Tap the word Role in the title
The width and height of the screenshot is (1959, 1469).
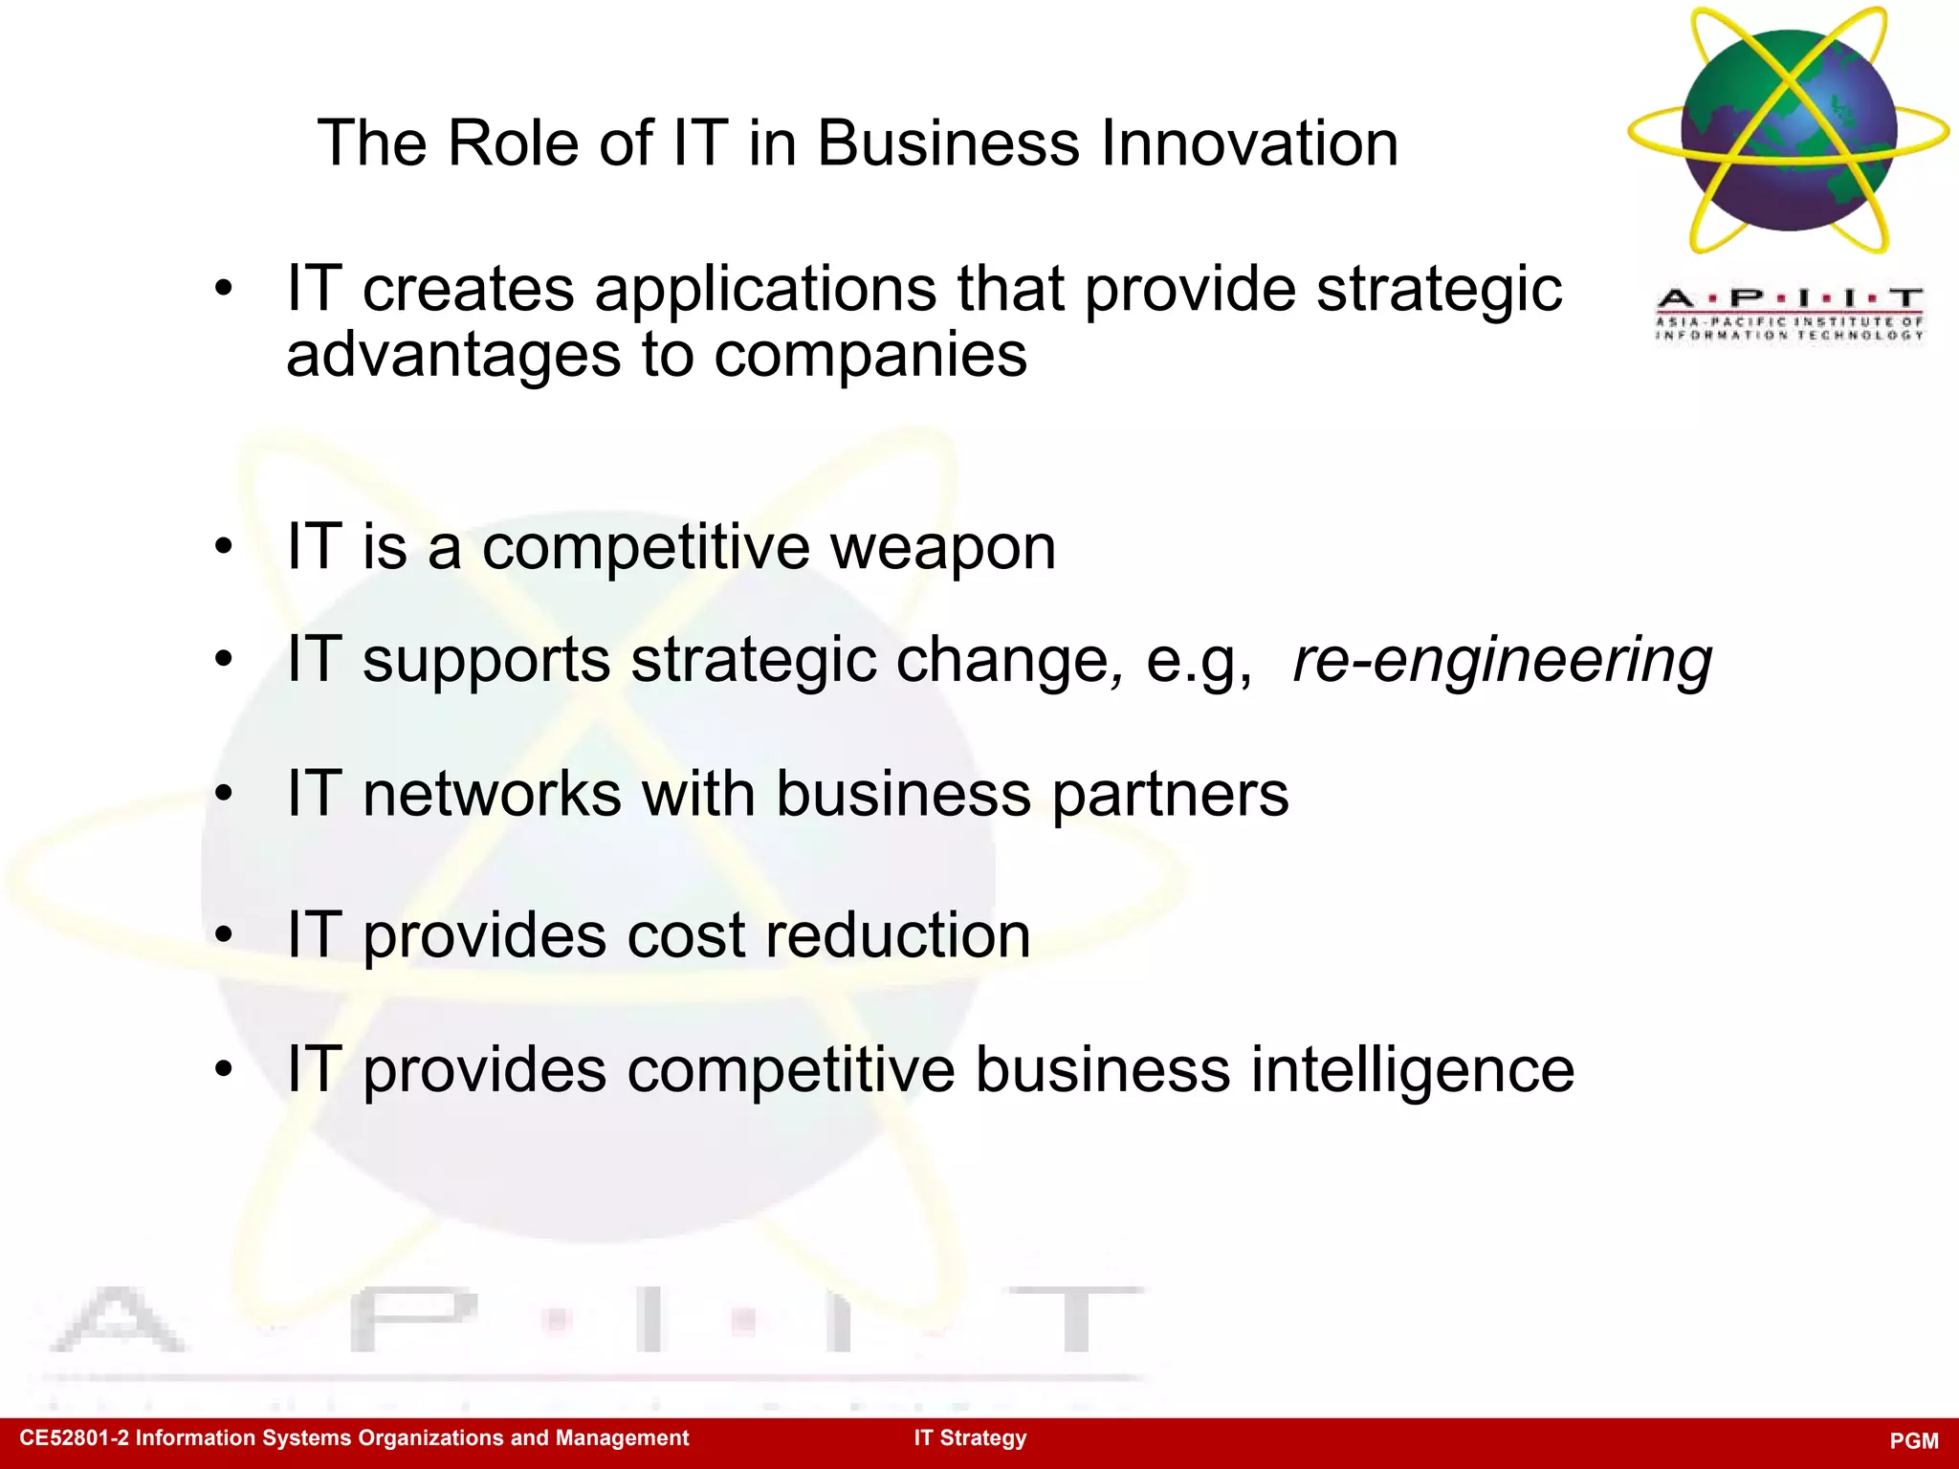coord(513,143)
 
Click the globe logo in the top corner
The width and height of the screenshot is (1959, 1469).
coord(1789,131)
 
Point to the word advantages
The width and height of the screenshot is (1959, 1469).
coord(453,356)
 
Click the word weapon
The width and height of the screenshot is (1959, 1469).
coord(942,549)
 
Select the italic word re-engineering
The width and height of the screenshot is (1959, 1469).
coord(1502,662)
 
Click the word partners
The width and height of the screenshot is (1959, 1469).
coord(1170,796)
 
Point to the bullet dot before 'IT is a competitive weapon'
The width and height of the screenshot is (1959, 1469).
coord(224,547)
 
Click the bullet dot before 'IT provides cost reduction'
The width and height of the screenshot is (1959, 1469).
coord(224,934)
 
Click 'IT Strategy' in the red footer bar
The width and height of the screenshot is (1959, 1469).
coord(970,1438)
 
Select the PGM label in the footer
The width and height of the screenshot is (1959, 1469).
coord(1914,1441)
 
